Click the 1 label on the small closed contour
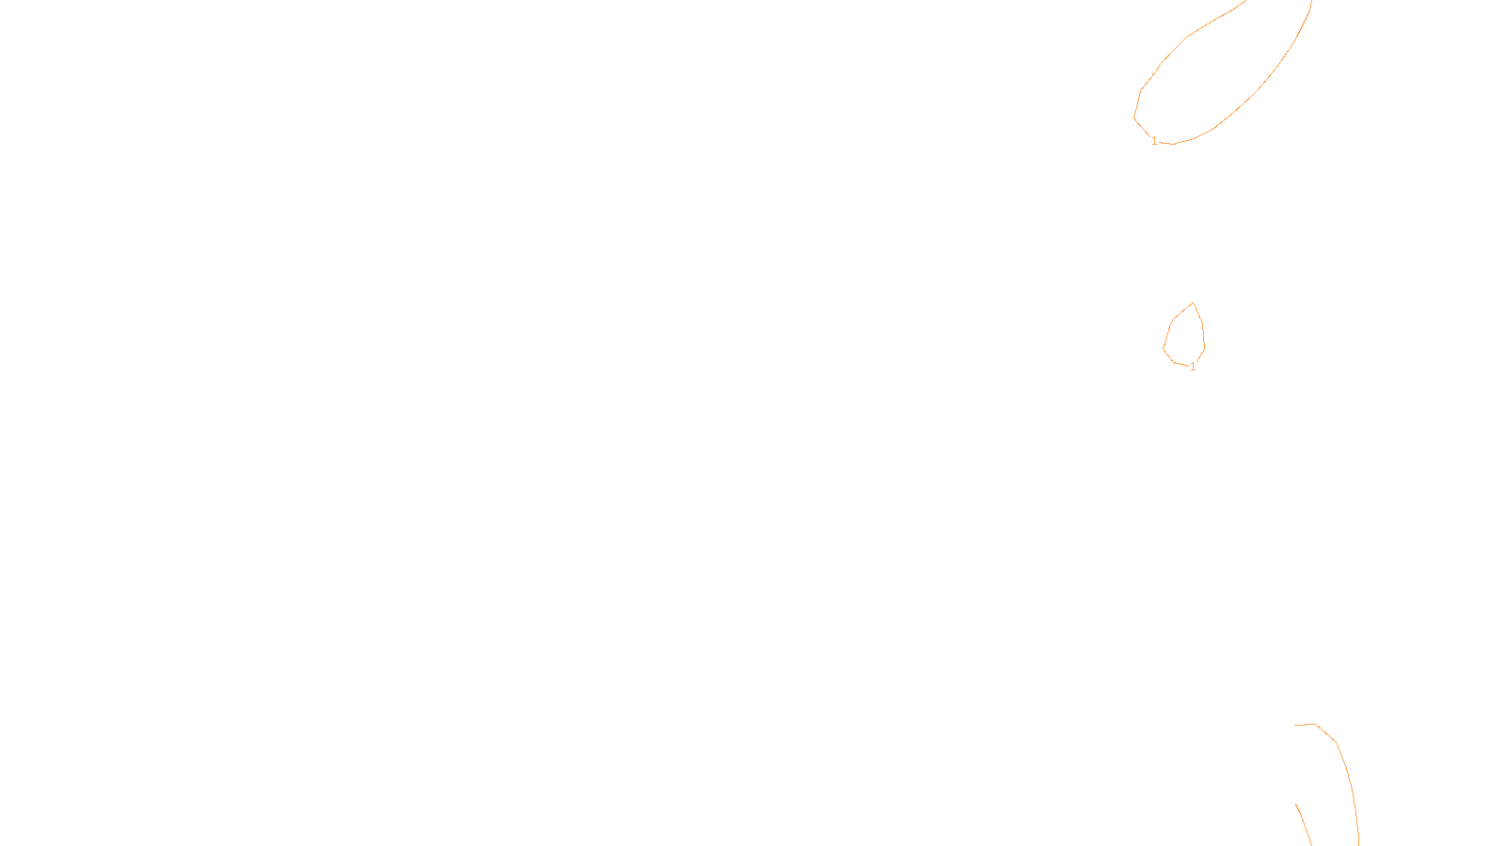(1193, 367)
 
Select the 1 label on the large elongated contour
(1154, 141)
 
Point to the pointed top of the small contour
(1193, 303)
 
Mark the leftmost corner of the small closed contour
(1164, 349)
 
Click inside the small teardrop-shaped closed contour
(1185, 337)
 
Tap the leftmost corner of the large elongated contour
(1134, 117)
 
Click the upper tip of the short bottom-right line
(1296, 805)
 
